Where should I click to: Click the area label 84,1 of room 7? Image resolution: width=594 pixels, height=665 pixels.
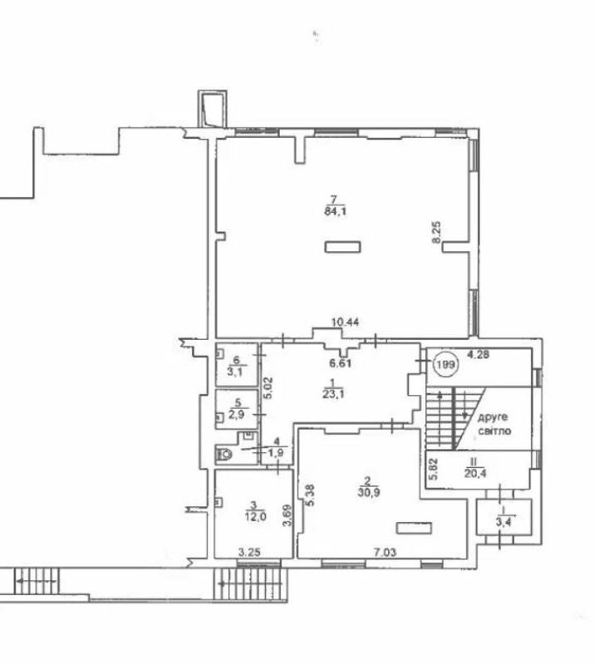tap(335, 211)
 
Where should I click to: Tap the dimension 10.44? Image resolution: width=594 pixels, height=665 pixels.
tap(345, 323)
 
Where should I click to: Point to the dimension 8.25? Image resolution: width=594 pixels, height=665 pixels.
tap(436, 233)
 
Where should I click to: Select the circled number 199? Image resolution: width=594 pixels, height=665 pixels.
tap(445, 364)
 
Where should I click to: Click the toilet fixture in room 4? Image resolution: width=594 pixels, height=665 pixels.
tap(224, 454)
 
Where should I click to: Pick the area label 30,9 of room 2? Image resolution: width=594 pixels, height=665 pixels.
tap(367, 493)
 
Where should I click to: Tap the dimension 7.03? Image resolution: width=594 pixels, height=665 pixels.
tap(384, 552)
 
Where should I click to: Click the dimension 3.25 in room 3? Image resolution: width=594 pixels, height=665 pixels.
tap(249, 552)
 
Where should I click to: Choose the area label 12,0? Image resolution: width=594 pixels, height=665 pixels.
tap(255, 516)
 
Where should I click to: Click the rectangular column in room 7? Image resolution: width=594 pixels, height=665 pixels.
tap(342, 247)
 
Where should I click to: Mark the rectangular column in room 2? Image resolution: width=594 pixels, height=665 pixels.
tap(414, 528)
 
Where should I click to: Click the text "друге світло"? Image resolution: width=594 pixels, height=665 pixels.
tap(494, 424)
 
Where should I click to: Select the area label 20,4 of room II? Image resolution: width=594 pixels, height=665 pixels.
tap(475, 473)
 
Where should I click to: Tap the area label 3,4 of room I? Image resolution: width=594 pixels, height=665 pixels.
tap(503, 522)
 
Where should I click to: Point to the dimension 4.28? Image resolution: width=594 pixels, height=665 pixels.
tap(479, 354)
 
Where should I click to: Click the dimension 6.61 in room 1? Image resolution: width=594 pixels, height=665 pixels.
tap(341, 363)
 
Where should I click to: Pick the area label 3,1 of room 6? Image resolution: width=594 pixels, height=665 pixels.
tap(237, 372)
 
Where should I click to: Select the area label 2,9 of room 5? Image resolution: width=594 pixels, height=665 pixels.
tap(237, 414)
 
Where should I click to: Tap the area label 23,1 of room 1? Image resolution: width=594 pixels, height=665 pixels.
tap(333, 394)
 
